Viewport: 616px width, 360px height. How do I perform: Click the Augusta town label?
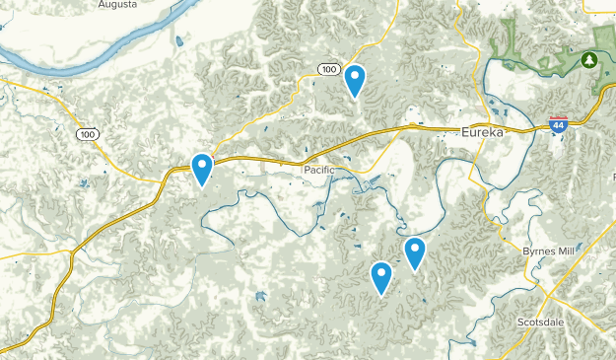coord(118,5)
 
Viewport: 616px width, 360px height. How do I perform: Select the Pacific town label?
coord(318,170)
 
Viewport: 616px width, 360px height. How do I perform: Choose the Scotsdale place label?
coord(541,322)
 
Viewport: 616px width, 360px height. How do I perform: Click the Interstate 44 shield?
coord(559,125)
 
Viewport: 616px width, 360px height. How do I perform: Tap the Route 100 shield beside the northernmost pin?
coord(329,67)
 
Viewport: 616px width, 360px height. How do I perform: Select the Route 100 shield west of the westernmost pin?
coord(89,134)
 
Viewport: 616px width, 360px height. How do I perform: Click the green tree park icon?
coord(589,60)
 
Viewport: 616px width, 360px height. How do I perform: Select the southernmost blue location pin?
coord(381,278)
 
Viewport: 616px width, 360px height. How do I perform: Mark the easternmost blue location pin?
coord(415,254)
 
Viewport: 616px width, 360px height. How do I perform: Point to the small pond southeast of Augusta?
coord(178,42)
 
